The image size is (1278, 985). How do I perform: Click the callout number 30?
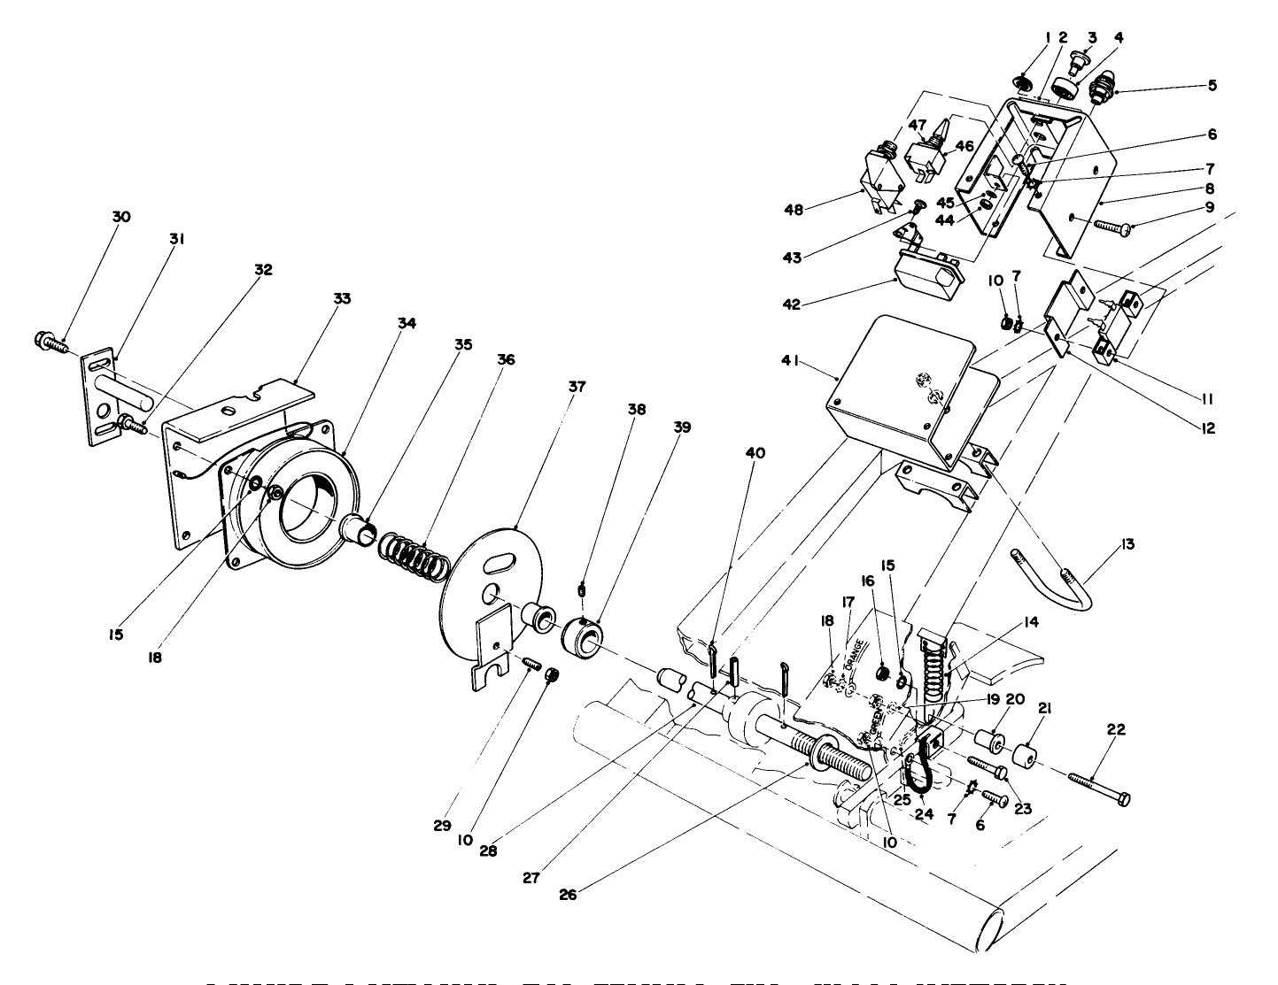tap(121, 217)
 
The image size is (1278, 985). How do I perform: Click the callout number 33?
tap(342, 299)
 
